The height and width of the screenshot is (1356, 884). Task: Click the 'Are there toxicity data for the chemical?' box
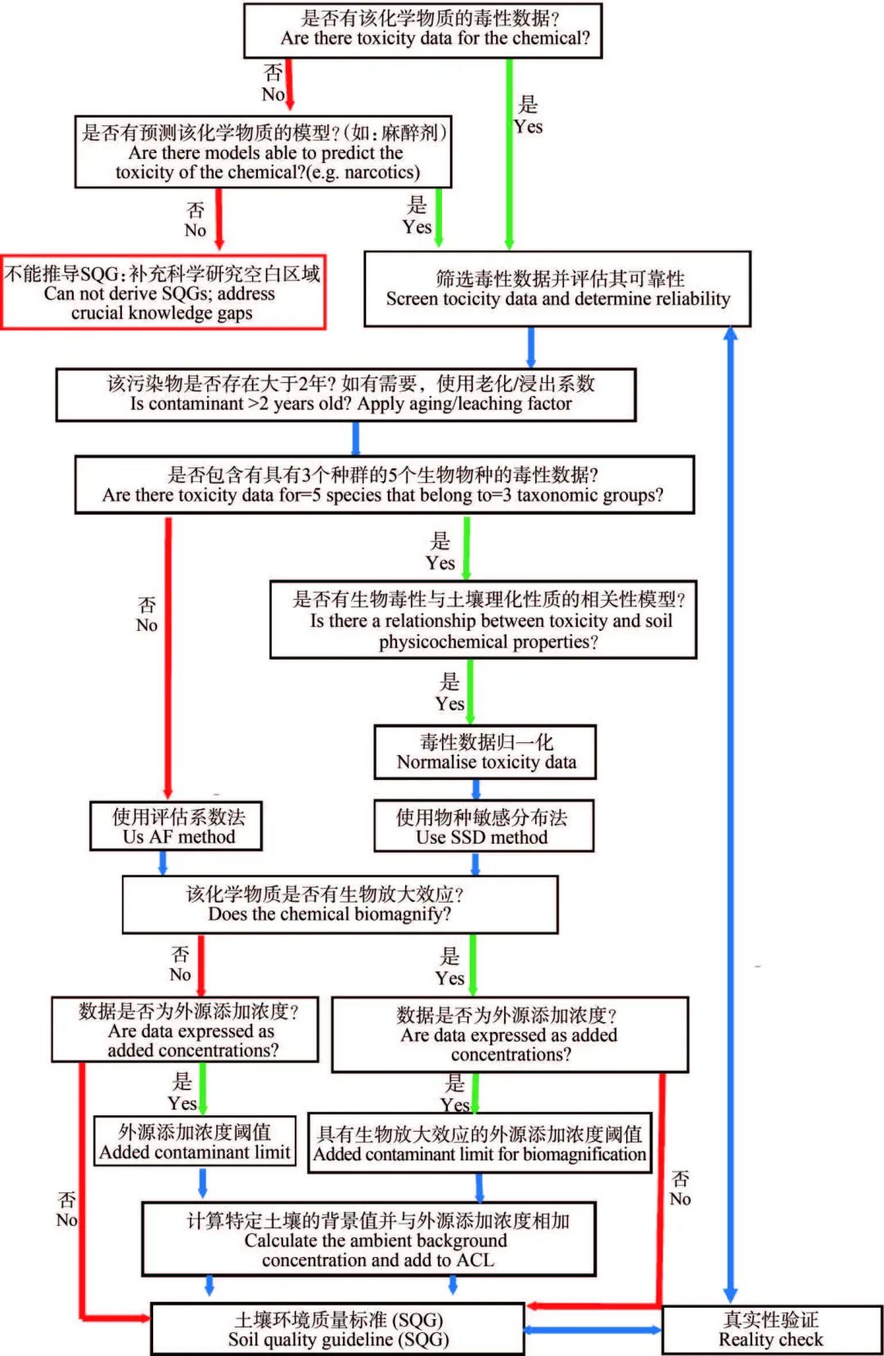tap(422, 31)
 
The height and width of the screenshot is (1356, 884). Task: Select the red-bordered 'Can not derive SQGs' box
tap(163, 292)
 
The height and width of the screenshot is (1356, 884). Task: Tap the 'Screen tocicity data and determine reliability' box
tap(557, 289)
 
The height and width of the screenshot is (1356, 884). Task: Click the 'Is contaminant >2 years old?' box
tap(345, 394)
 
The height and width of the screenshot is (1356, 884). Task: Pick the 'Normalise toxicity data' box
tap(485, 752)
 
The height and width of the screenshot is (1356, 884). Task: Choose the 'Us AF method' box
tap(176, 827)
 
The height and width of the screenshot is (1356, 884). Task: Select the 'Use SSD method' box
tap(484, 827)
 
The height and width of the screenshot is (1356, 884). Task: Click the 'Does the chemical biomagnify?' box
tap(340, 904)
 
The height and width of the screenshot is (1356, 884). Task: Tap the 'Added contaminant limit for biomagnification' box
tap(480, 1143)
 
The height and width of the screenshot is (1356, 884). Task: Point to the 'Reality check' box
tap(772, 1330)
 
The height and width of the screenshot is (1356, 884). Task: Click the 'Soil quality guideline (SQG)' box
tap(338, 1329)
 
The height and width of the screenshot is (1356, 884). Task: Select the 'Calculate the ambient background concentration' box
tap(368, 1239)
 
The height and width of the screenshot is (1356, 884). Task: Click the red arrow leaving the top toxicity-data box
tap(290, 84)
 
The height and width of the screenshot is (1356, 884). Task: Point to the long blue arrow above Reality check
tap(731, 814)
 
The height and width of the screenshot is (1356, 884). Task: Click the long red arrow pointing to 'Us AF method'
tap(168, 658)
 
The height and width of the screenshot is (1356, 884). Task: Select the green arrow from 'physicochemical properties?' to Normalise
tap(470, 692)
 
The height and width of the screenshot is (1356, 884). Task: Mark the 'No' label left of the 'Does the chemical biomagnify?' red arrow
tap(180, 975)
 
